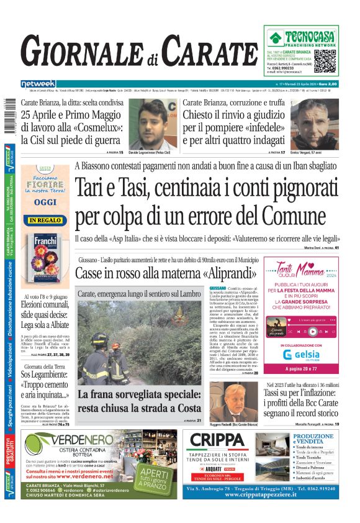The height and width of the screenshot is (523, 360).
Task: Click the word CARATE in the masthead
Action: click(210, 51)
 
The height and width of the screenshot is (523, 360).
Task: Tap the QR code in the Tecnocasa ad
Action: click(326, 61)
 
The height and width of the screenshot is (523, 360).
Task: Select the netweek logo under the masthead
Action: click(38, 84)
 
